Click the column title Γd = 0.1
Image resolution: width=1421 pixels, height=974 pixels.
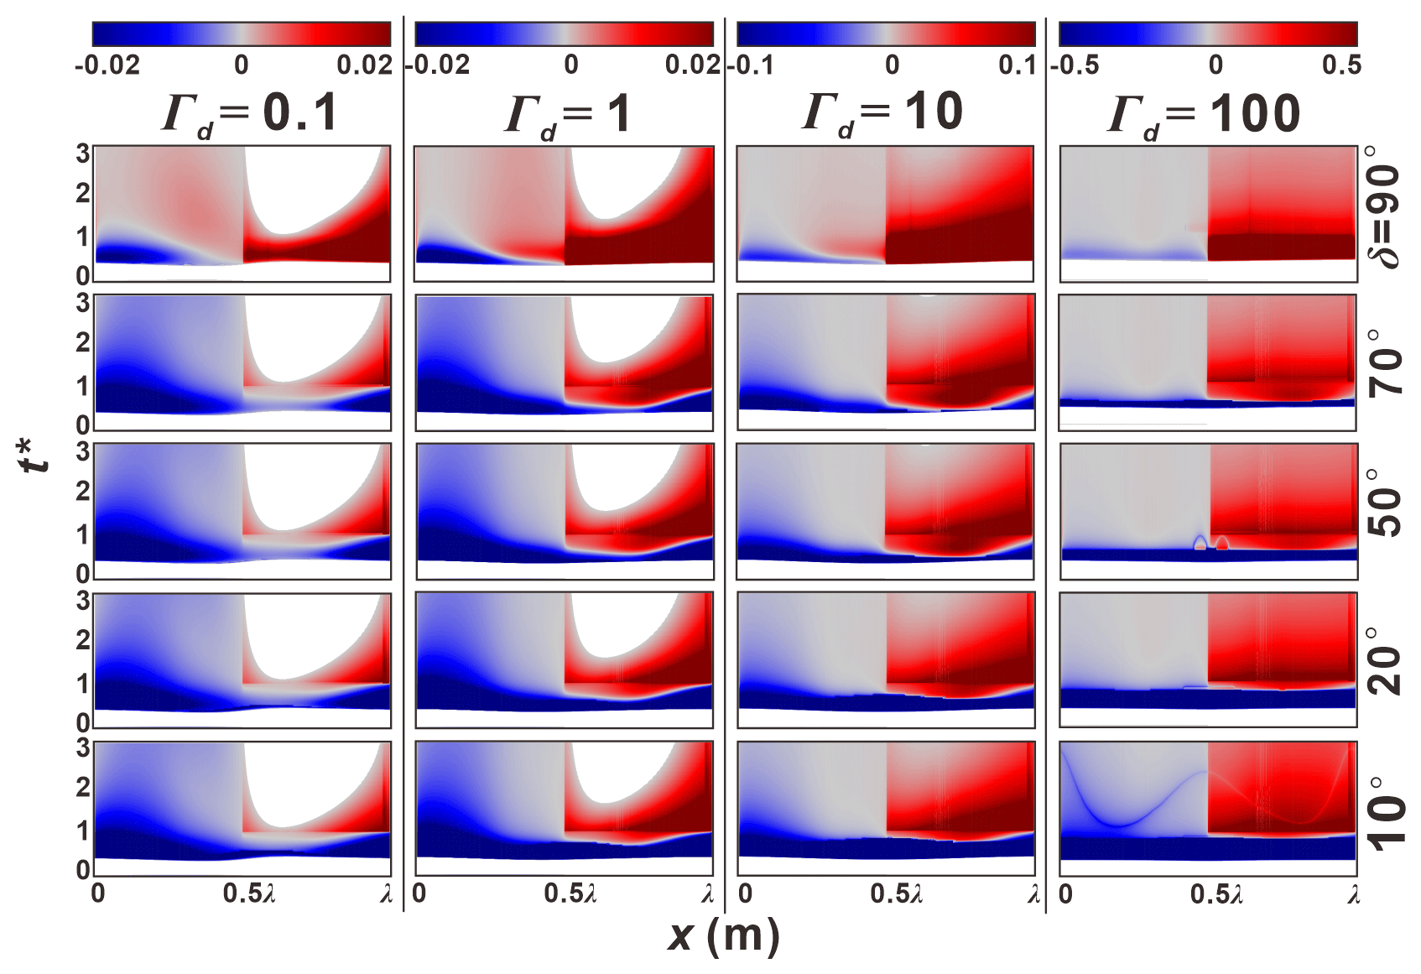click(249, 113)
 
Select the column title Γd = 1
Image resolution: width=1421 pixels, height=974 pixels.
click(567, 116)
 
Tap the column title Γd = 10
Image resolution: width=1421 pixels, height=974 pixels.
click(882, 113)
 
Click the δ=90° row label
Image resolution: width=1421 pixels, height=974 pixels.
click(1386, 206)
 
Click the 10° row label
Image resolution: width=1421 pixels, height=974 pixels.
click(1386, 810)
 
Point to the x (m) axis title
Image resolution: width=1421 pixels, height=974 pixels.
click(723, 936)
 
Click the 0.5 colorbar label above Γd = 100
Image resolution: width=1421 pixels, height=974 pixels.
click(1340, 65)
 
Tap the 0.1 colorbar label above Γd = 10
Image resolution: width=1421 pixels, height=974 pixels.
click(1018, 65)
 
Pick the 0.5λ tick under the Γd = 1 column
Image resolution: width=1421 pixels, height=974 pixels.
click(570, 894)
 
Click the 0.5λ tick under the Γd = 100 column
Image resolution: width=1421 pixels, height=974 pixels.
click(1216, 894)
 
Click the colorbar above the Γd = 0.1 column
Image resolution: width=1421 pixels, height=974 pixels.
click(242, 34)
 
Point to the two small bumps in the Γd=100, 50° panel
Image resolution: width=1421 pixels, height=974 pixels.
click(1211, 543)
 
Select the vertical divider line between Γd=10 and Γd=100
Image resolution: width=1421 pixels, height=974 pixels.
click(1046, 470)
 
